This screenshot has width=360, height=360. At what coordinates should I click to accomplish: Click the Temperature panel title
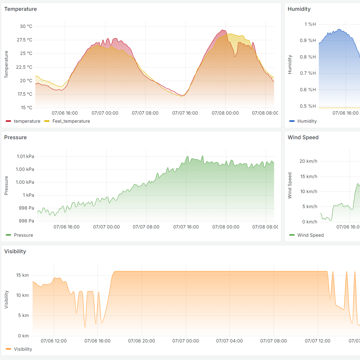tap(20, 9)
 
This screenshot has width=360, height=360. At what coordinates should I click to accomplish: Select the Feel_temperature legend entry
tap(71, 121)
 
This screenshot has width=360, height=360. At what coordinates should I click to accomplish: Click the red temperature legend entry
tap(27, 121)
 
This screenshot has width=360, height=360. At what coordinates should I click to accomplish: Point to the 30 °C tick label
tap(26, 26)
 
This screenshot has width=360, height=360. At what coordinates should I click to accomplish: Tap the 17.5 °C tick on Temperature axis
tap(25, 94)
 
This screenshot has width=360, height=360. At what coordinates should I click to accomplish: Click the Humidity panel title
tap(299, 9)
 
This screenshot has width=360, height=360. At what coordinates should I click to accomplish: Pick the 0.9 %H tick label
tap(308, 40)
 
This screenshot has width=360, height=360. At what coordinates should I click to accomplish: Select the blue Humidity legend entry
tap(307, 121)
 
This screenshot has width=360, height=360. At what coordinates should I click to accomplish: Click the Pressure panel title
tap(15, 137)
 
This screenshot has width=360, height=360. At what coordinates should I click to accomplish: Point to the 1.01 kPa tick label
tap(25, 156)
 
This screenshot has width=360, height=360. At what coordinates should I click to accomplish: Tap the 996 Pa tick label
tap(26, 221)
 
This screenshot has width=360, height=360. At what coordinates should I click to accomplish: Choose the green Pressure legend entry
tap(23, 235)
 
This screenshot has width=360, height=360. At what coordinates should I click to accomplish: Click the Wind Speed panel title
tap(303, 137)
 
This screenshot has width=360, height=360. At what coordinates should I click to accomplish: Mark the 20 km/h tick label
tap(308, 161)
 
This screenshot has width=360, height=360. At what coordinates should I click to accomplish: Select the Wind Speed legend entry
tap(310, 235)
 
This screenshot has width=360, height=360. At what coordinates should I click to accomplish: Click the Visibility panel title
tap(15, 251)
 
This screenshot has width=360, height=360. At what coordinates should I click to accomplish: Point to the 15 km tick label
tap(22, 275)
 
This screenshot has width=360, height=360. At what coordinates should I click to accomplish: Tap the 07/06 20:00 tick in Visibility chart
tap(142, 341)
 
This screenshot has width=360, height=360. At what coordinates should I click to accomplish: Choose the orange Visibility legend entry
tap(23, 349)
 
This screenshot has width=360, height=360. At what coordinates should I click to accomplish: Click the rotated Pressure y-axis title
tap(6, 186)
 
